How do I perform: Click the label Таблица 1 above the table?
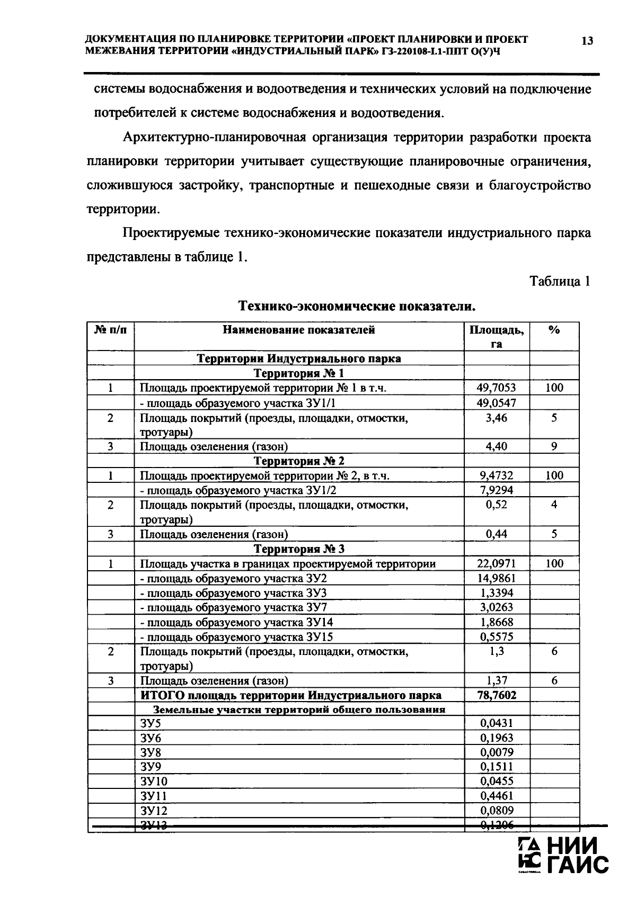tap(560, 282)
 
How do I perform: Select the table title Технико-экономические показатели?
tap(356, 307)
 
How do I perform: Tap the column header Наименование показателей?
tap(299, 330)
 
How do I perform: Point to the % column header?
tap(554, 330)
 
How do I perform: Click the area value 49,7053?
tap(496, 388)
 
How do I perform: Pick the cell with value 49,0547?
tap(496, 403)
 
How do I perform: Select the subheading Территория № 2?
tap(299, 461)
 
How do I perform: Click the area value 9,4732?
tap(496, 475)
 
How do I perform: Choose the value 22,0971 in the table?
tap(496, 564)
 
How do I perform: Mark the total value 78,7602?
tap(497, 695)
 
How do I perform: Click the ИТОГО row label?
tap(291, 695)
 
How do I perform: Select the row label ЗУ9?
tap(151, 767)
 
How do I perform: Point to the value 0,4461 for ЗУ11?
tap(496, 796)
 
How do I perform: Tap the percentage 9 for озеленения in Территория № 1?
tap(554, 446)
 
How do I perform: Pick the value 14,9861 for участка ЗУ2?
tap(496, 578)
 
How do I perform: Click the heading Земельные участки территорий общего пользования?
tap(299, 710)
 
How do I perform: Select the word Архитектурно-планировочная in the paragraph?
tap(215, 138)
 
